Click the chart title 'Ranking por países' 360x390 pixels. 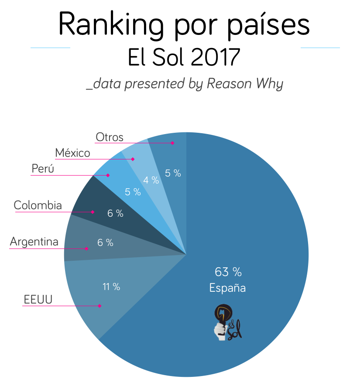click(x=184, y=25)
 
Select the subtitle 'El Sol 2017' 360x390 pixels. click(x=184, y=57)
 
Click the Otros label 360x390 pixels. click(x=110, y=137)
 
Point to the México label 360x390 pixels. click(x=72, y=153)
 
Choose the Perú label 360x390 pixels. click(x=43, y=169)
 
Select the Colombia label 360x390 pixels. click(x=38, y=205)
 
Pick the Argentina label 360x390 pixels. click(x=34, y=242)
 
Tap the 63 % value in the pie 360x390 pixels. click(x=228, y=272)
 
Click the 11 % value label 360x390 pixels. click(x=111, y=287)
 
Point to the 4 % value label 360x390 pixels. click(x=151, y=179)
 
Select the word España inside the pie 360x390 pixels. click(x=227, y=288)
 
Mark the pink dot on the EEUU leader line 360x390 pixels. click(x=100, y=306)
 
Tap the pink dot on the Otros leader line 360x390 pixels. click(x=173, y=143)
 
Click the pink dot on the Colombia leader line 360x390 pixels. click(x=93, y=212)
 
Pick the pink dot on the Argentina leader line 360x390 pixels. click(x=86, y=248)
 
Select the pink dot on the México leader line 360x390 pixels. click(x=131, y=159)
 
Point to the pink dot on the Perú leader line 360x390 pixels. click(x=108, y=175)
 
